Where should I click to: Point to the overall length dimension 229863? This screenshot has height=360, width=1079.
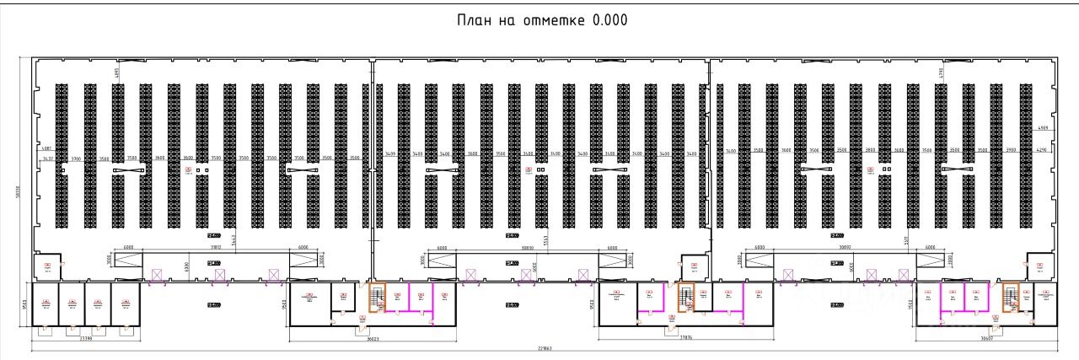[539, 348]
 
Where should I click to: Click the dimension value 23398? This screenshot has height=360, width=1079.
[85, 338]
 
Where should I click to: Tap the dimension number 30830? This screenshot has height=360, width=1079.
[528, 248]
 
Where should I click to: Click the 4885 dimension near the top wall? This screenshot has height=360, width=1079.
[116, 72]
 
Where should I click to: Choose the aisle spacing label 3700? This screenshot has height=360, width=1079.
[75, 159]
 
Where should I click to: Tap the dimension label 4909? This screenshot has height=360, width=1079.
[1043, 128]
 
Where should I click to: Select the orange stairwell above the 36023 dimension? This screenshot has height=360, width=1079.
[378, 297]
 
